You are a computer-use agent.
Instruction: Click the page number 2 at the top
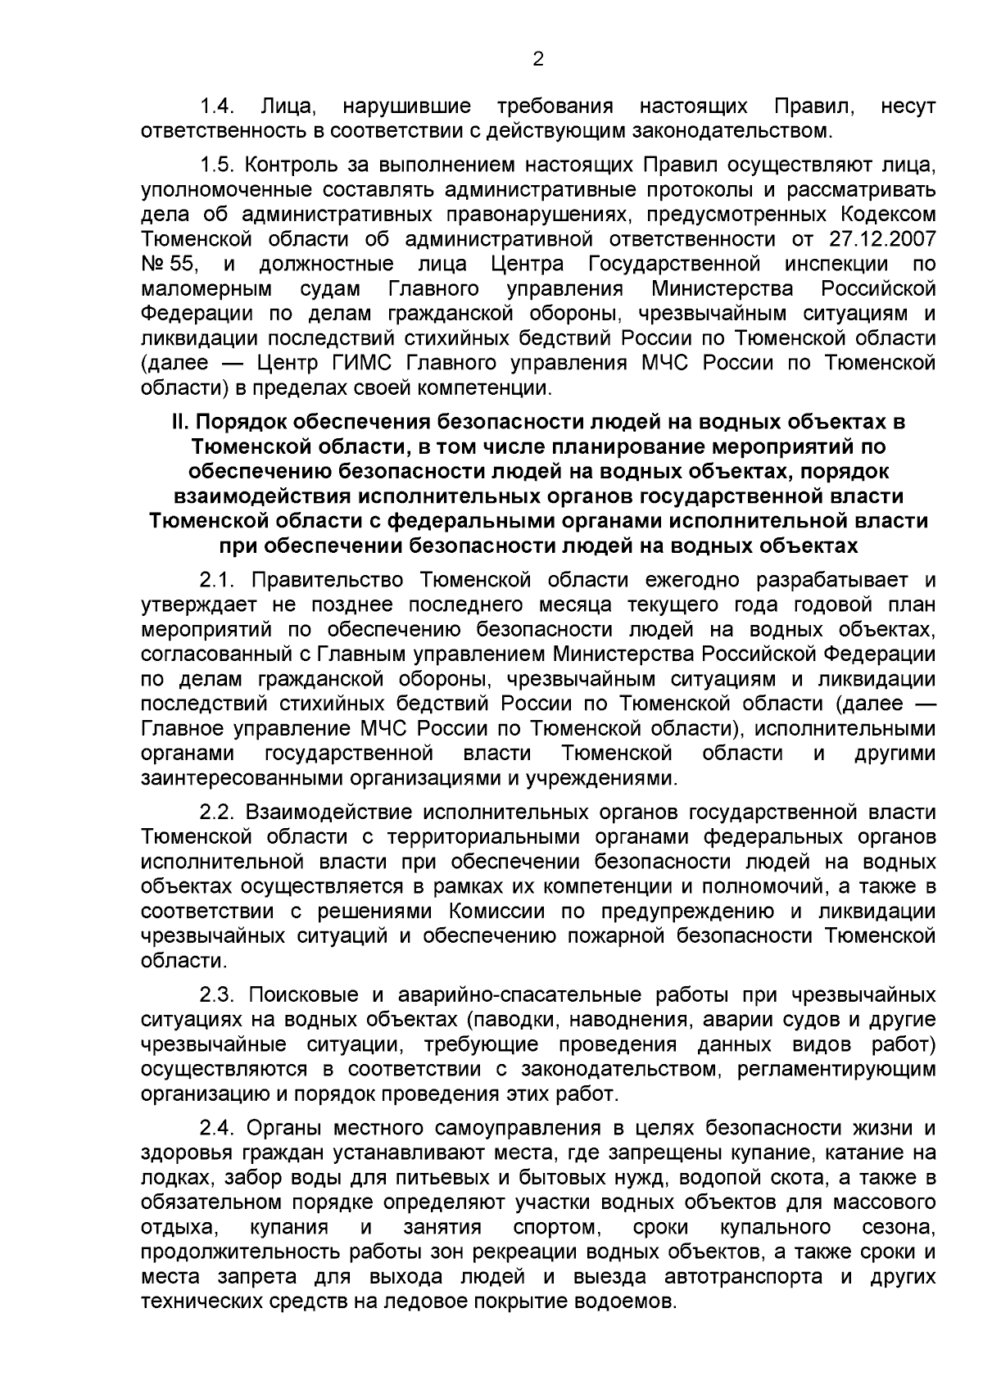tap(538, 58)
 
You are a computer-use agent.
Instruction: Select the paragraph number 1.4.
tap(218, 106)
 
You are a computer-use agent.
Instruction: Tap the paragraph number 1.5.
tap(218, 165)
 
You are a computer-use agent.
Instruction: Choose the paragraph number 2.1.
tap(218, 581)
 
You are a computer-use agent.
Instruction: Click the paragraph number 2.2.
tap(218, 812)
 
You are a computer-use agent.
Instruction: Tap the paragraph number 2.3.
tap(218, 995)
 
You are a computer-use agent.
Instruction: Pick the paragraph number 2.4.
tap(218, 1129)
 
